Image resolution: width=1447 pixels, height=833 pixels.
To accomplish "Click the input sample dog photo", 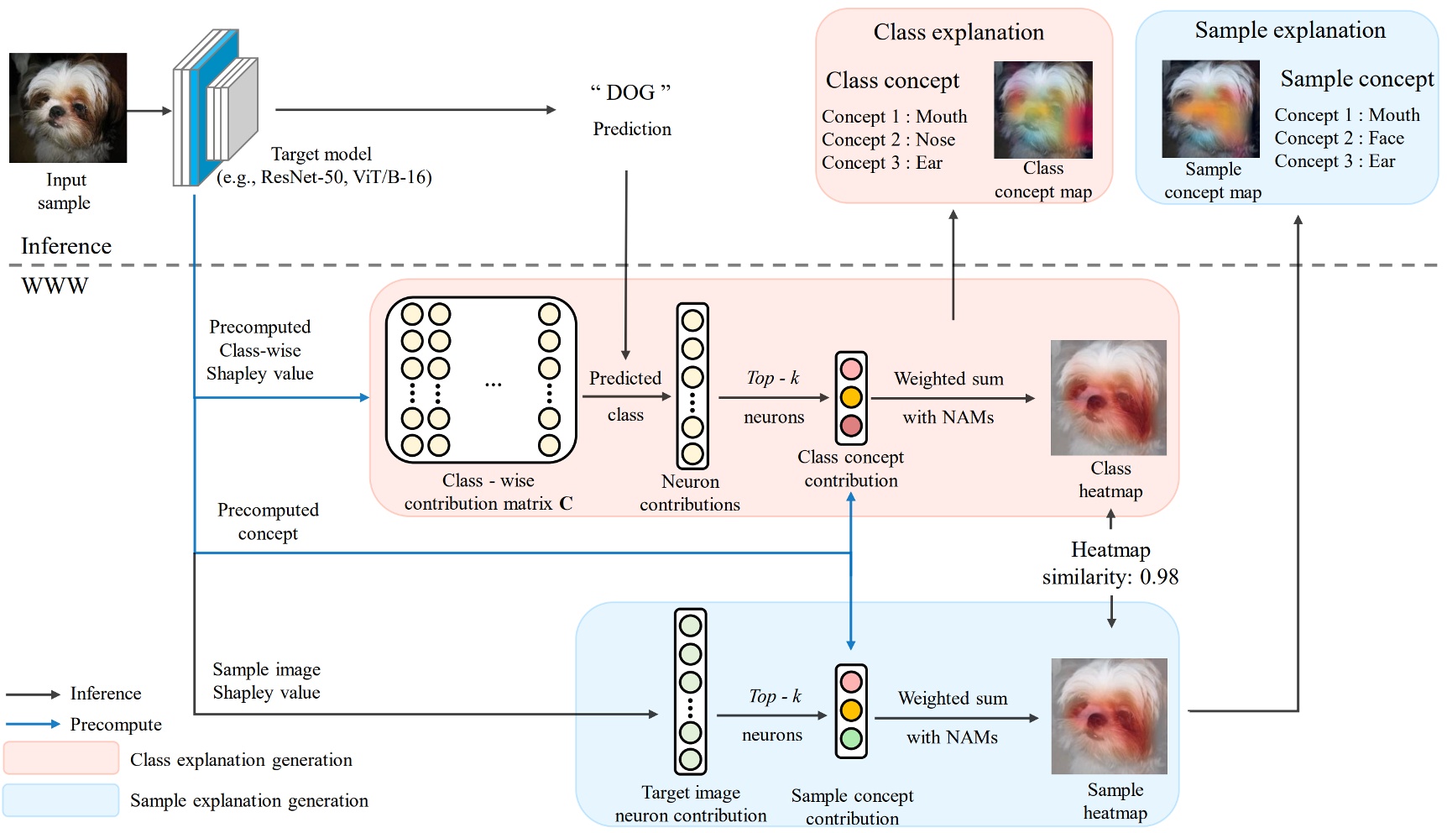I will tap(68, 107).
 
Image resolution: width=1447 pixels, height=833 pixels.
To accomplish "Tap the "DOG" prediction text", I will tap(630, 92).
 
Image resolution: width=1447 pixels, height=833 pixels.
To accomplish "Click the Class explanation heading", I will tap(959, 32).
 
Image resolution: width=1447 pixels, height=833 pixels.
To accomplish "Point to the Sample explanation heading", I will tap(1290, 30).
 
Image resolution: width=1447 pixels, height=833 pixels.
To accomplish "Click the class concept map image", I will tap(1042, 110).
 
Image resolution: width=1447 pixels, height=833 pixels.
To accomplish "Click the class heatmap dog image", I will tap(1108, 397).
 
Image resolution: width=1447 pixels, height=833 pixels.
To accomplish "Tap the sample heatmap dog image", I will tap(1109, 715).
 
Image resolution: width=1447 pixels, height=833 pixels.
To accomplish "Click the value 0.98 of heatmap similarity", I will tap(1159, 577).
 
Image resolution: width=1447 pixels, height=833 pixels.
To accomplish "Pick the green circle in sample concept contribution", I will tap(851, 739).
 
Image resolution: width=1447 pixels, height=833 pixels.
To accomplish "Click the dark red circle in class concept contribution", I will tap(851, 426).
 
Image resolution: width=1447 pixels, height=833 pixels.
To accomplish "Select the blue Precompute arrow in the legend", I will tap(34, 724).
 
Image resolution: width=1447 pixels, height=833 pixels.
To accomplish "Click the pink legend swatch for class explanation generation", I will tap(61, 758).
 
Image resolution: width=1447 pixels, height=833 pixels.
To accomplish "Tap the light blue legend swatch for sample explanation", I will tap(61, 800).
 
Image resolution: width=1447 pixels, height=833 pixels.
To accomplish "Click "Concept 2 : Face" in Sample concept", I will tap(1339, 138).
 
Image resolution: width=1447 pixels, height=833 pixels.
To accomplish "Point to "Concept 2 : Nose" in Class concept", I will tap(888, 139).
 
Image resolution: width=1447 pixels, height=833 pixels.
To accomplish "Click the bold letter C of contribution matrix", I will tap(566, 503).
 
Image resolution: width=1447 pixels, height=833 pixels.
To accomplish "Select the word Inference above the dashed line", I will tap(66, 246).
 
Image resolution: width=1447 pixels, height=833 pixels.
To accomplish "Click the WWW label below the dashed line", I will tap(55, 286).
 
